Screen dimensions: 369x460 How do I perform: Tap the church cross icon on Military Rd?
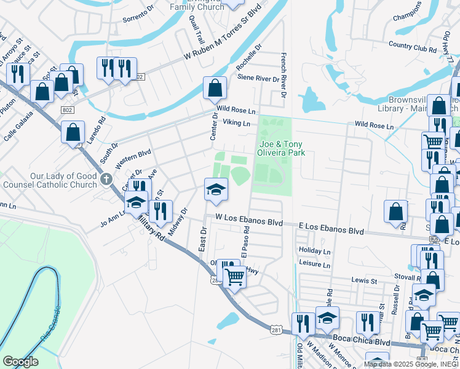(106, 180)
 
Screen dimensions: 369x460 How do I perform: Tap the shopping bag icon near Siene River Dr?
(215, 89)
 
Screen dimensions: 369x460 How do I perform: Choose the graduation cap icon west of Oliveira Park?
(216, 189)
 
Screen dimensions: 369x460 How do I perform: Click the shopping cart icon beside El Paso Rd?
(234, 277)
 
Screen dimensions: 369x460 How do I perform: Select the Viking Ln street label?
(237, 123)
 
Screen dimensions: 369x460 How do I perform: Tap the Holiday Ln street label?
(314, 252)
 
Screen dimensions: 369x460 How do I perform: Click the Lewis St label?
(364, 280)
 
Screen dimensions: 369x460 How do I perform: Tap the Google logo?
(21, 361)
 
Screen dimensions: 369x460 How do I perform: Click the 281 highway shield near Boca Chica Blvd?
(276, 330)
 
